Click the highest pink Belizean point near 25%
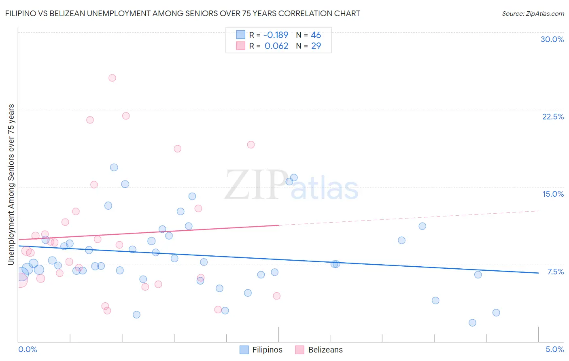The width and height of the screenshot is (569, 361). pyautogui.click(x=112, y=78)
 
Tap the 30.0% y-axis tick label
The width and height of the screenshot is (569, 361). pyautogui.click(x=552, y=39)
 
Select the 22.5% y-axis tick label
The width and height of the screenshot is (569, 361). pyautogui.click(x=553, y=117)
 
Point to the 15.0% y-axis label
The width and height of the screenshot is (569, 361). pyautogui.click(x=553, y=194)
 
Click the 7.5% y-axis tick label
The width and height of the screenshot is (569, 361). pyautogui.click(x=555, y=272)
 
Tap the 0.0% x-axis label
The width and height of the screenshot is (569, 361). pyautogui.click(x=28, y=349)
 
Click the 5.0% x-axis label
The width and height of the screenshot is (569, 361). pyautogui.click(x=554, y=349)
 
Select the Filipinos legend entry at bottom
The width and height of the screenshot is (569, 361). pyautogui.click(x=261, y=350)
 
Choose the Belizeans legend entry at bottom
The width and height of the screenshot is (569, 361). pyautogui.click(x=319, y=350)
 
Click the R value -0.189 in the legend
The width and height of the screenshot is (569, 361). pyautogui.click(x=276, y=35)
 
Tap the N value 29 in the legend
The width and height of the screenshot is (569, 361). pyautogui.click(x=316, y=46)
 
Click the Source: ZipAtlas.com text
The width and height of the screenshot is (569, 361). pyautogui.click(x=533, y=13)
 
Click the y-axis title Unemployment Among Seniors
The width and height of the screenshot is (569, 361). pyautogui.click(x=11, y=184)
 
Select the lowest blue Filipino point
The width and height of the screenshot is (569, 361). pyautogui.click(x=472, y=323)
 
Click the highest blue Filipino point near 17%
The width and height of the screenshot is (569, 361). pyautogui.click(x=114, y=167)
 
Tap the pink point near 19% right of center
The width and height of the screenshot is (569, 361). pyautogui.click(x=251, y=144)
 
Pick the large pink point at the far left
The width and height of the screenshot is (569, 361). pyautogui.click(x=20, y=279)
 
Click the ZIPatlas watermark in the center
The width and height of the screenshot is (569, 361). pyautogui.click(x=291, y=185)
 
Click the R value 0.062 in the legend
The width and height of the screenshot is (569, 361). pyautogui.click(x=276, y=46)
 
